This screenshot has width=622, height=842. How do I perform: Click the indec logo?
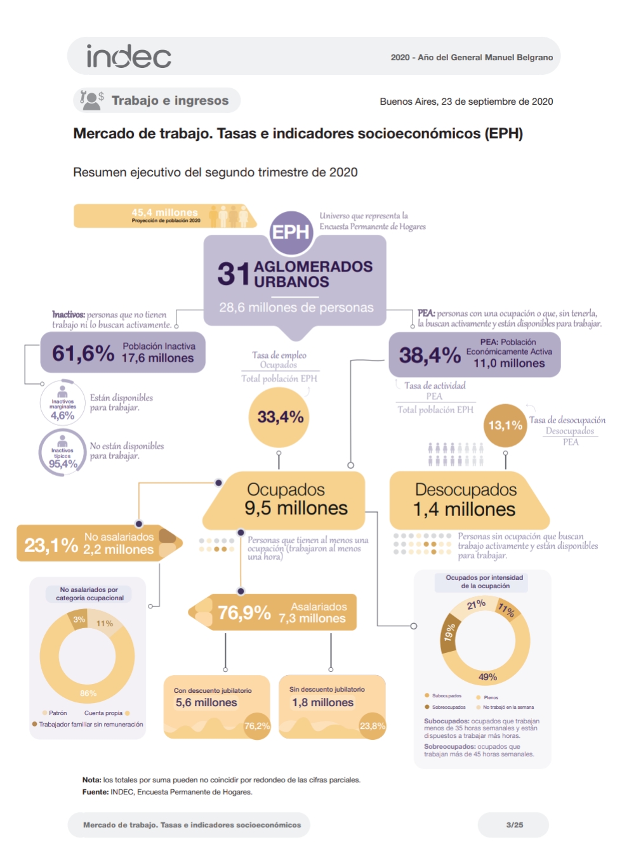coord(129,56)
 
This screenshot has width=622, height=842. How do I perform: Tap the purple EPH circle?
coord(291,232)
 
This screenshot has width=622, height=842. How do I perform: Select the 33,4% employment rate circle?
coord(280,417)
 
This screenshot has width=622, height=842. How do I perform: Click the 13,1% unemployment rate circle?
coord(505,425)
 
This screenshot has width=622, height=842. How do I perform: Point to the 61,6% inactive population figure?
coord(83,353)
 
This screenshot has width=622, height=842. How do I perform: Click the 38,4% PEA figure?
coord(430,355)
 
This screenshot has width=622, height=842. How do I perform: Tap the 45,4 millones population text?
coord(164,213)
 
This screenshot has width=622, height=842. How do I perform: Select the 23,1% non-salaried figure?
coord(51,545)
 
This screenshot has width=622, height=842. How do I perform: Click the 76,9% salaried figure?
coord(244,613)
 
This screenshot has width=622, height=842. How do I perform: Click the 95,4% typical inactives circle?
coord(63,452)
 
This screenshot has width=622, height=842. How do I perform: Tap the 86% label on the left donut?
coord(88,693)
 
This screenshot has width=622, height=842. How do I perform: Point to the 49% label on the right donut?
coord(487,677)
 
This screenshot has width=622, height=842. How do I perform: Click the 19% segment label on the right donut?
coord(449,632)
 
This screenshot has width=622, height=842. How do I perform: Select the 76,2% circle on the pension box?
coord(257,726)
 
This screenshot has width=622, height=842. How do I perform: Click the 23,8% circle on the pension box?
coord(373,726)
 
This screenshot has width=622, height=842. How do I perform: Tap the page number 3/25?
coord(515,825)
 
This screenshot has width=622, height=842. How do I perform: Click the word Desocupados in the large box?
coord(466,490)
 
